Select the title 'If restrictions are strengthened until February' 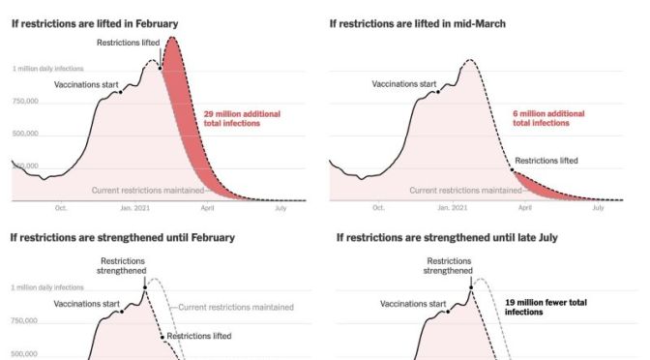pyautogui.click(x=123, y=237)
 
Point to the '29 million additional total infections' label pyautogui.click(x=242, y=118)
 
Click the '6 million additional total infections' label pyautogui.click(x=548, y=118)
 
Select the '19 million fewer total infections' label pyautogui.click(x=546, y=307)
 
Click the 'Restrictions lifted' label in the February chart pyautogui.click(x=129, y=43)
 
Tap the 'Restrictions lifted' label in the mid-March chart pyautogui.click(x=547, y=160)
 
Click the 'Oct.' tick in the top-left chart pyautogui.click(x=61, y=207)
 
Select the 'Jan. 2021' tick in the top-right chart pyautogui.click(x=452, y=207)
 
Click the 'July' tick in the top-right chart pyautogui.click(x=598, y=207)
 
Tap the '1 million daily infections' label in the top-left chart pyautogui.click(x=47, y=69)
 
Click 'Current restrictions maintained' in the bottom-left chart pyautogui.click(x=235, y=307)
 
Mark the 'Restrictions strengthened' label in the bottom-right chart pyautogui.click(x=450, y=265)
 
